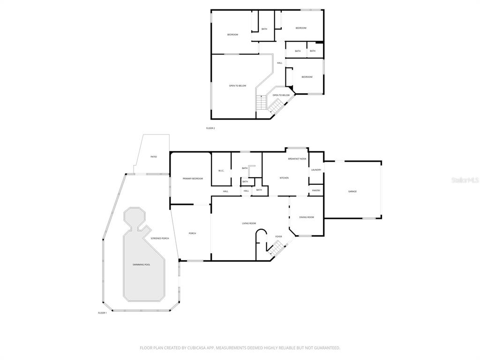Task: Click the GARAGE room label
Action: (x=352, y=191)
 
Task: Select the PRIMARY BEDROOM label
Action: (x=193, y=179)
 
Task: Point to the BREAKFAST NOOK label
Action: (x=297, y=159)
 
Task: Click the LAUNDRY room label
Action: (x=316, y=170)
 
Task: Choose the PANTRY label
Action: (x=316, y=190)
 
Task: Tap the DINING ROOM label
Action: (x=307, y=217)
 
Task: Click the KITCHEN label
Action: (x=284, y=178)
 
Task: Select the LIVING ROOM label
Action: (x=249, y=223)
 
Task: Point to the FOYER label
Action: (x=278, y=236)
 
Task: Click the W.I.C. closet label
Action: (x=221, y=171)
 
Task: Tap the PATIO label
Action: (x=154, y=157)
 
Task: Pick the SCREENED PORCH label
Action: (x=160, y=239)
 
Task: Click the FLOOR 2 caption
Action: (x=210, y=128)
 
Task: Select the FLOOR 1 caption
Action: (x=102, y=313)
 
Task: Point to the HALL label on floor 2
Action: (x=279, y=63)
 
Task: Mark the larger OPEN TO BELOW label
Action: (x=238, y=86)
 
